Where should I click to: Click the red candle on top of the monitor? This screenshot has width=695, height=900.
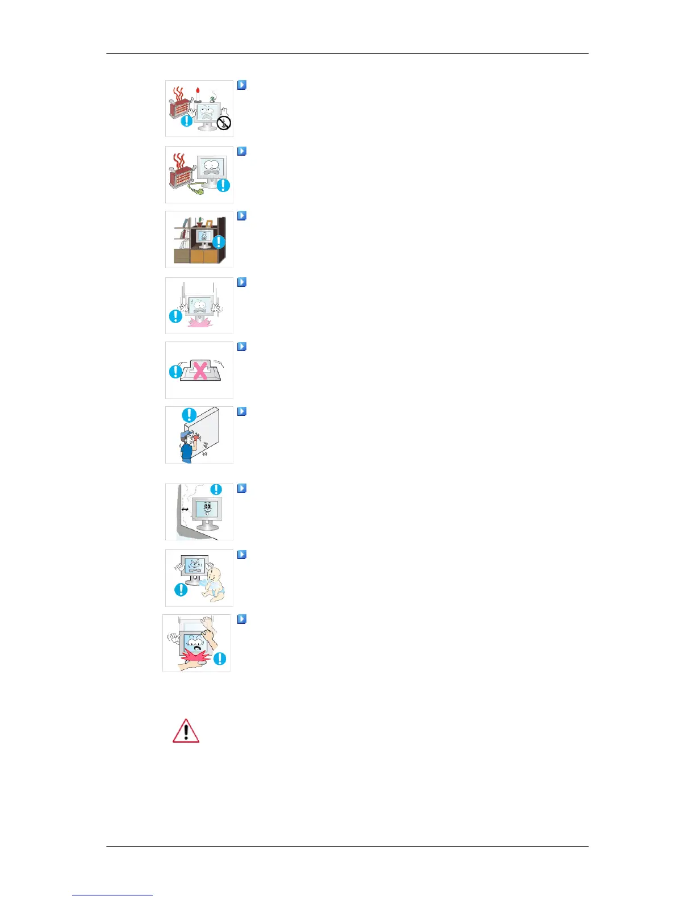coord(197,91)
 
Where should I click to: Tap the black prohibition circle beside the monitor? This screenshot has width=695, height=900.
coord(224,122)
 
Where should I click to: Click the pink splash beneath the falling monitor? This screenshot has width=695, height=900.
coord(198,323)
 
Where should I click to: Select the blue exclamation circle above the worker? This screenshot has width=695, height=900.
coord(189,415)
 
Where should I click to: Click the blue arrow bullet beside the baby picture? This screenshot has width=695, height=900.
coord(242,555)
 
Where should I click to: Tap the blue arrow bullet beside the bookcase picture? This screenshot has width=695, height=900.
coord(242,216)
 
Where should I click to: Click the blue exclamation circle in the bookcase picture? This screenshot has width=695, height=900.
coord(219,243)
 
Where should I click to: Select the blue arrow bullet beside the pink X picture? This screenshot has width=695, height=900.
coord(242,347)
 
